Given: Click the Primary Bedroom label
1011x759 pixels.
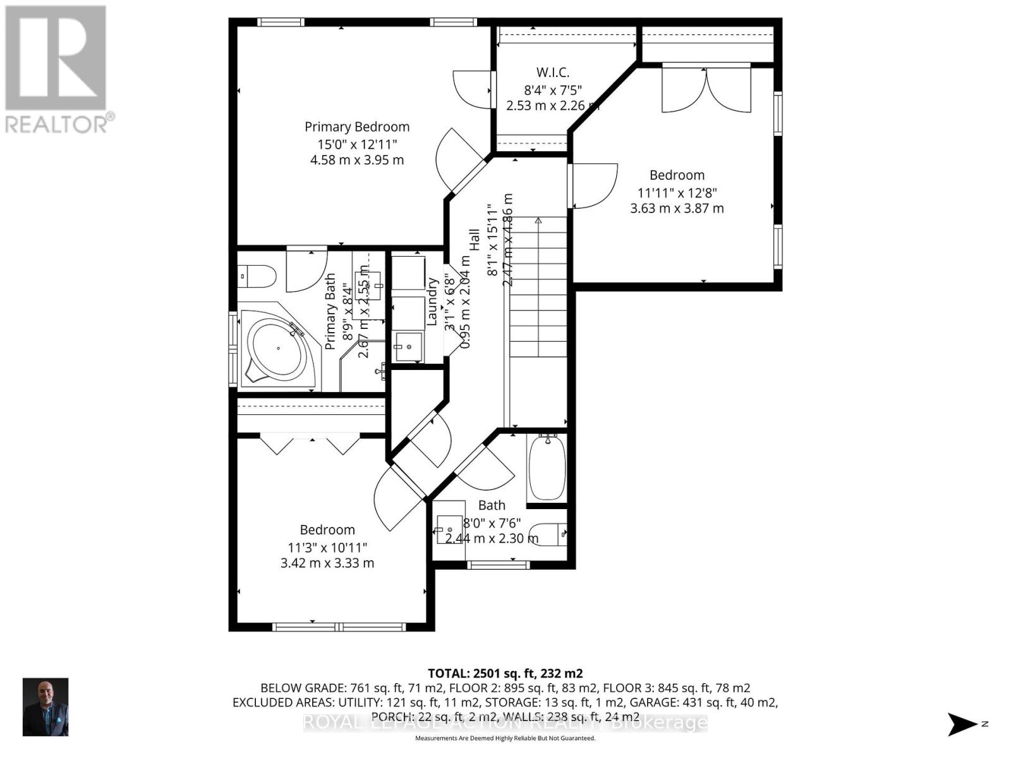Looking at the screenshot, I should point(357,127).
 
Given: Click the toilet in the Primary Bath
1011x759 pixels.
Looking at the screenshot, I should point(260,276).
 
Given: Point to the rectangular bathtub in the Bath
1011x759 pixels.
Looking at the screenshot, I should point(547,467).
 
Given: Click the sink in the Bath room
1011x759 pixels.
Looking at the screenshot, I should point(450,529).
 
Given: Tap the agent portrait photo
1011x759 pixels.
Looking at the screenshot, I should point(45,707).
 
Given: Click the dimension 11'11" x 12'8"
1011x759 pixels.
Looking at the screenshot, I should point(677,192).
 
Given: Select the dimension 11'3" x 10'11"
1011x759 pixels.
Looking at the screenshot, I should point(327,547).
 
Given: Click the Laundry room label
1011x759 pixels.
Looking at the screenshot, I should point(432,302).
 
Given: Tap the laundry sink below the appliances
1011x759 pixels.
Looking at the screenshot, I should point(408,347).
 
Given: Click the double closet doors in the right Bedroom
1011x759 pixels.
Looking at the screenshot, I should point(706,90).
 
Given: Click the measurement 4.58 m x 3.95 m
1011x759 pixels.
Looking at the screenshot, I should point(357,160).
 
